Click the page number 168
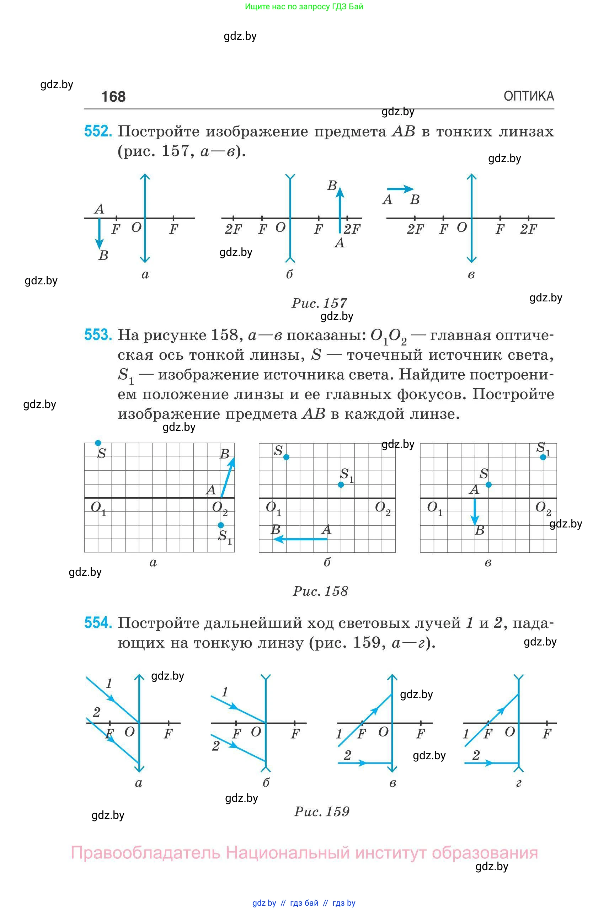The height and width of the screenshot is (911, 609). pyautogui.click(x=113, y=97)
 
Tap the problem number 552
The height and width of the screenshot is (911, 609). pyautogui.click(x=98, y=131)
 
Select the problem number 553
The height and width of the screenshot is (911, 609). pyautogui.click(x=98, y=335)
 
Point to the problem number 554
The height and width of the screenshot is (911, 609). pyautogui.click(x=98, y=622)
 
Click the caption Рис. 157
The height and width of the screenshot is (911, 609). pyautogui.click(x=319, y=303)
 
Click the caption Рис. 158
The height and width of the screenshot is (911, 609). pyautogui.click(x=320, y=591)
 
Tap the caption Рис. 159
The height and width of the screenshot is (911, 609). pyautogui.click(x=322, y=811)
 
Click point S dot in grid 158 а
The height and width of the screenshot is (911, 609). pyautogui.click(x=98, y=443)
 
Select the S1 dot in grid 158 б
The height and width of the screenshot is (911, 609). pyautogui.click(x=341, y=484)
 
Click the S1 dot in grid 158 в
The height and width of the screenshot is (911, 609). pyautogui.click(x=543, y=457)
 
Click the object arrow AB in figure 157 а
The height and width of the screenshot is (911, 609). pyautogui.click(x=100, y=233)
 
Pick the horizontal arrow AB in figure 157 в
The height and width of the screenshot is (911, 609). pyautogui.click(x=400, y=189)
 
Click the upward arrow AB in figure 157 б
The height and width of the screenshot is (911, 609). pyautogui.click(x=340, y=210)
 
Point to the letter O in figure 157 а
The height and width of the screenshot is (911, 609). pyautogui.click(x=136, y=227)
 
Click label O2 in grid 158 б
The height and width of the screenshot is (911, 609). pyautogui.click(x=382, y=508)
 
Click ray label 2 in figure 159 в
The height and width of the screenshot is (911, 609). pyautogui.click(x=347, y=755)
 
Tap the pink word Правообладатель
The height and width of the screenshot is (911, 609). pyautogui.click(x=145, y=853)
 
